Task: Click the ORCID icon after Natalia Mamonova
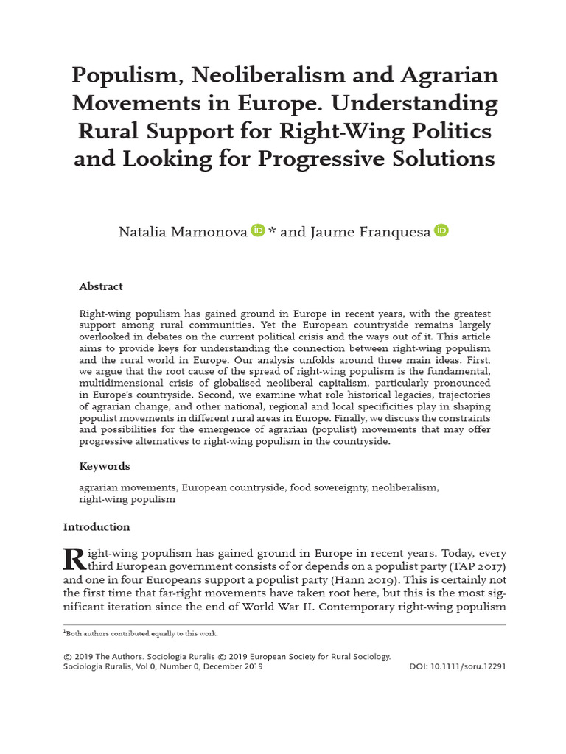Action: click(257, 231)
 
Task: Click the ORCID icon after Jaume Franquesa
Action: click(441, 231)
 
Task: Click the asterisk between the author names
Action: click(272, 231)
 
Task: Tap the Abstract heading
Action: click(100, 286)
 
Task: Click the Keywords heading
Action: click(105, 466)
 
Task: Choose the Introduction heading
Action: click(97, 527)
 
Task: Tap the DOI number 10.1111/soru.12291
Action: click(468, 666)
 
